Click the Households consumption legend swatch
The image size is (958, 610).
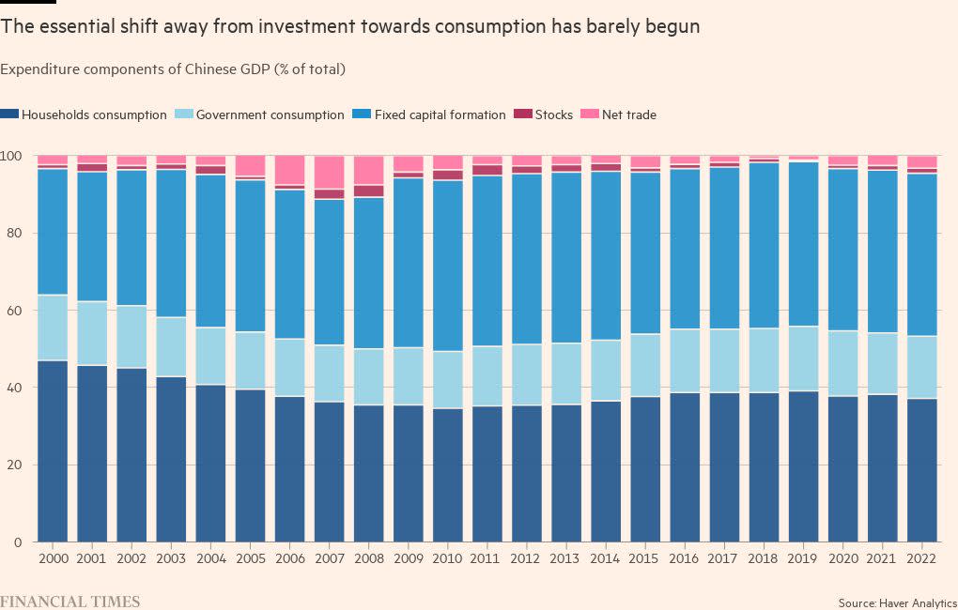pos(10,115)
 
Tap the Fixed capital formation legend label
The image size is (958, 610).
pos(437,115)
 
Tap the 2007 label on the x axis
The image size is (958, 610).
pos(329,557)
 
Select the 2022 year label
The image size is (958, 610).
pos(922,557)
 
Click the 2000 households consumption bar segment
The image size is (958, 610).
pos(53,450)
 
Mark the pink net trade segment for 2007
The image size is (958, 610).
pos(329,172)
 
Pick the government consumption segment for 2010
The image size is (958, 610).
pos(447,379)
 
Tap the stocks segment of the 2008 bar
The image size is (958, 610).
pos(368,191)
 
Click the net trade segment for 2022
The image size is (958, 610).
pos(922,161)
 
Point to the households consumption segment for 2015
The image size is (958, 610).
pos(645,469)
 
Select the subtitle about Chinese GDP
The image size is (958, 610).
pos(174,69)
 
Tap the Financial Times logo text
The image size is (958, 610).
pos(70,601)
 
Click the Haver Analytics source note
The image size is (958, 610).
pos(897,602)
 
